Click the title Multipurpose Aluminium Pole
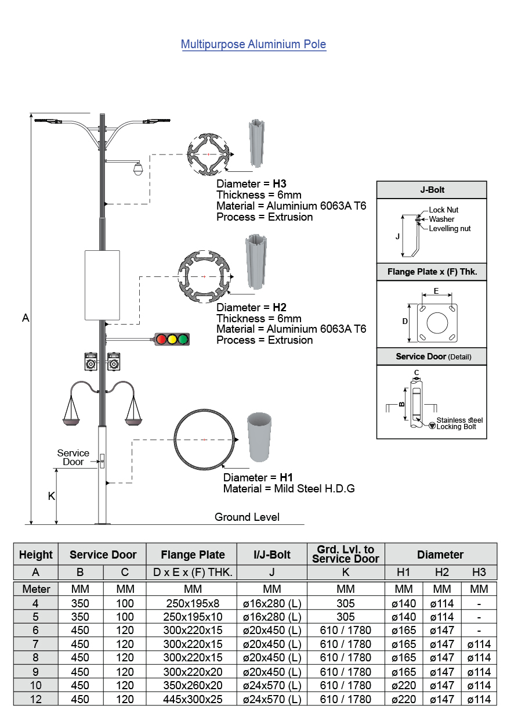pos(253,44)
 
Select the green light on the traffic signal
pos(183,339)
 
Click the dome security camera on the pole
pos(137,169)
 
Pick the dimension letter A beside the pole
pos(26,318)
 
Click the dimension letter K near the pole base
pos(51,496)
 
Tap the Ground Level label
pos(247,517)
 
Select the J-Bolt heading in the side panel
pos(432,189)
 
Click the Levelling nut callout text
pos(450,229)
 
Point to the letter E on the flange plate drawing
pos(436,291)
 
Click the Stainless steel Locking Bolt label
pos(459,423)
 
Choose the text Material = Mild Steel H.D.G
pos(289,489)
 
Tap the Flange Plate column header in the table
pos(192,554)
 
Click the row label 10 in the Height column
pos(36,685)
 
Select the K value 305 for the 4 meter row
pos(345,603)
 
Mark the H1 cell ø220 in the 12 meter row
pos(404,699)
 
